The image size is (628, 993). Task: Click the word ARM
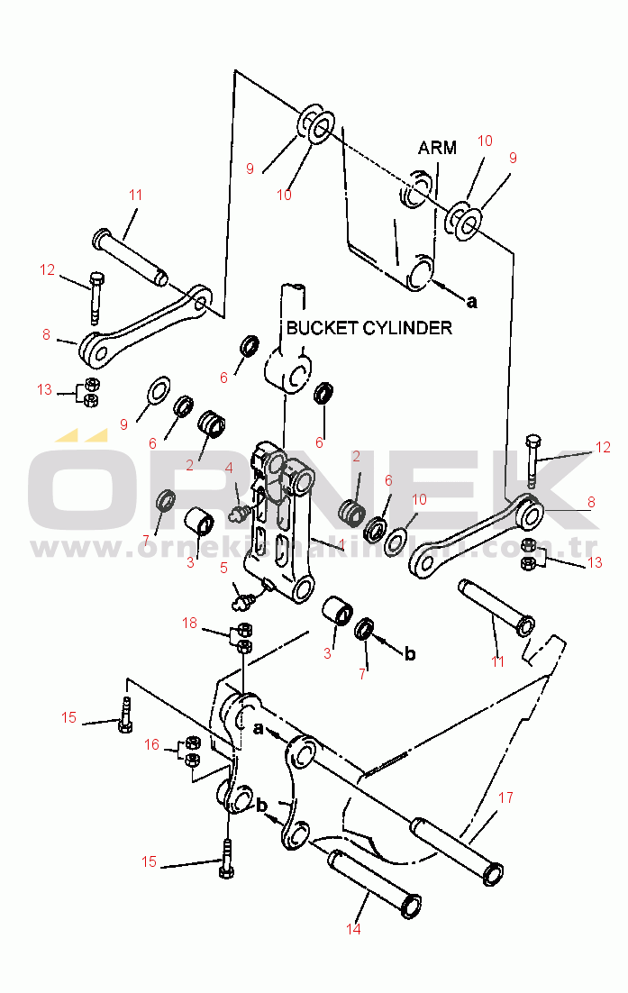[x=438, y=148]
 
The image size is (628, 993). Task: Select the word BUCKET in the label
[x=322, y=328]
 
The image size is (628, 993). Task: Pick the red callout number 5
[x=224, y=568]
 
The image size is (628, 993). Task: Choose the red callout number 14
[x=353, y=929]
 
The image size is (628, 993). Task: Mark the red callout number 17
[x=505, y=797]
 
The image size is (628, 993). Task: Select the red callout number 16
[x=152, y=744]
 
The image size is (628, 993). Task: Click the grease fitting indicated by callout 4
[x=240, y=513]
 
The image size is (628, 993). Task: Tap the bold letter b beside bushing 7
[x=410, y=653]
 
